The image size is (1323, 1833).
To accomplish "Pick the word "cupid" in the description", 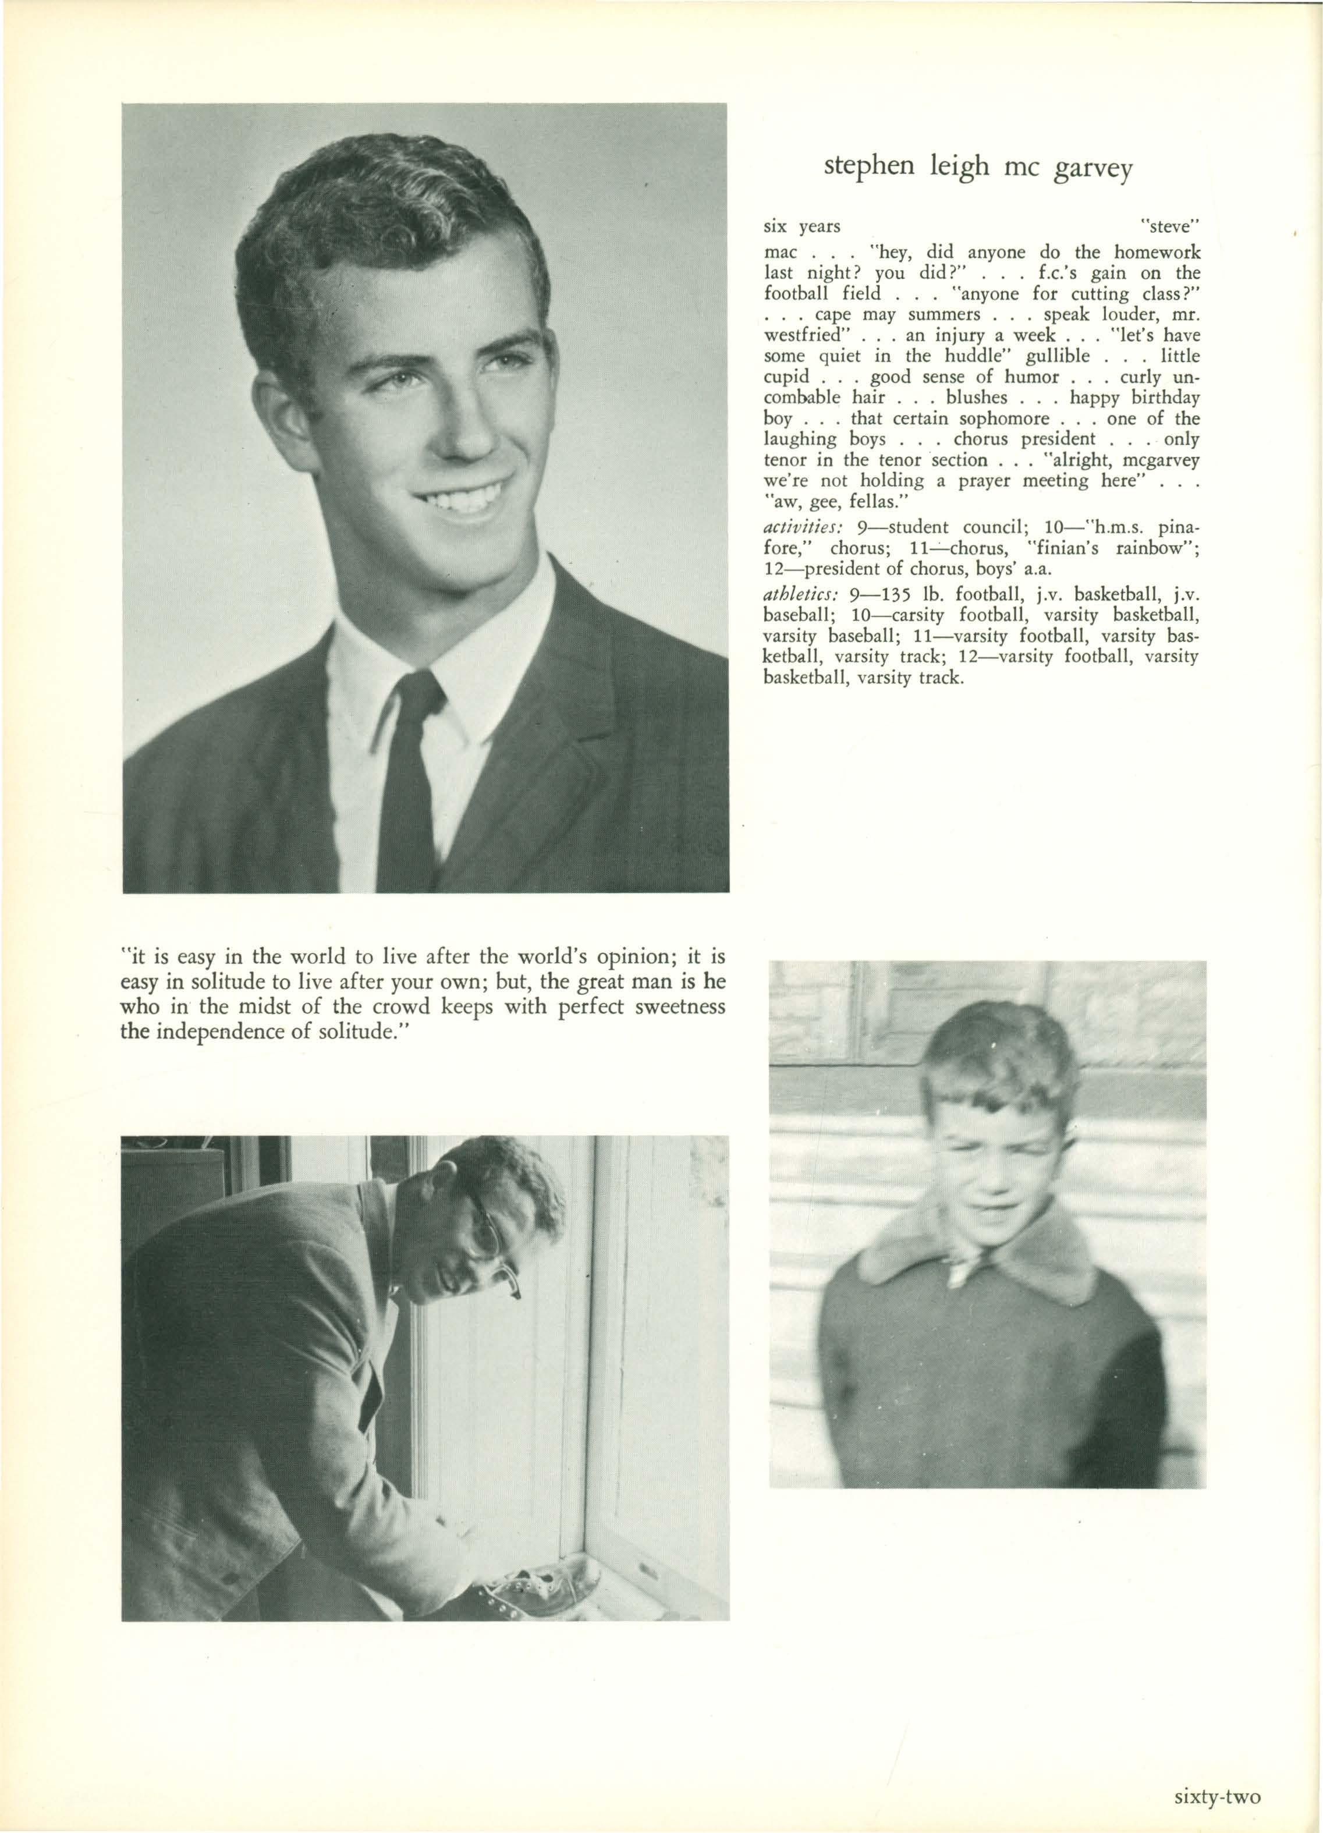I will coord(786,377).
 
